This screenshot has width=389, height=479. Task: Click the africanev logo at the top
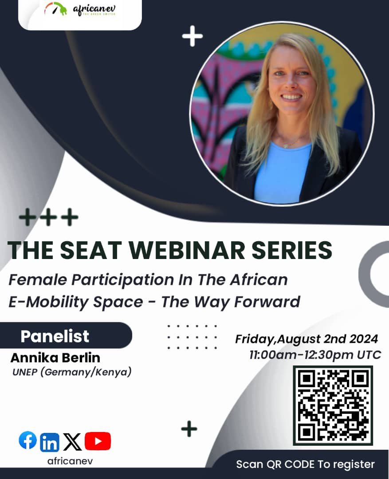(80, 9)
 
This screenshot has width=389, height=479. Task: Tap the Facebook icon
(28, 440)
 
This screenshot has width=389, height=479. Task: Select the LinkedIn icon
(49, 442)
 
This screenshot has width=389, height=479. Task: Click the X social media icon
(72, 442)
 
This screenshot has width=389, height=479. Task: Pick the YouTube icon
(98, 441)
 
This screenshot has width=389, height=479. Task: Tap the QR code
(333, 405)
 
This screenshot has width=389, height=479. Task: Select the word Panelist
(55, 336)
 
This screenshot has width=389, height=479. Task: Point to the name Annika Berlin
(55, 357)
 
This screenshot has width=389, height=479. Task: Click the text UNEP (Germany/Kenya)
(72, 372)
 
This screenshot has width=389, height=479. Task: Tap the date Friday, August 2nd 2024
(306, 339)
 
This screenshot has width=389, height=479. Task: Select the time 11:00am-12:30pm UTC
(315, 355)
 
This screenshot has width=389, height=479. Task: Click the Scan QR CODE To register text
(305, 464)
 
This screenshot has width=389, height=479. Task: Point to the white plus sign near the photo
(192, 36)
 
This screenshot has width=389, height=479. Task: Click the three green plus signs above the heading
(48, 217)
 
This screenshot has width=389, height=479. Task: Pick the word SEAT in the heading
(77, 251)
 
